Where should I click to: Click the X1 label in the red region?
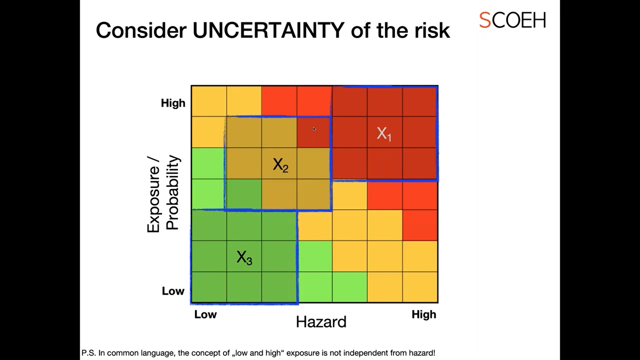384,134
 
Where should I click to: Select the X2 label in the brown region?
280,165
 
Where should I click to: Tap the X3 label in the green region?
244,257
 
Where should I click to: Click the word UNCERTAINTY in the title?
268,30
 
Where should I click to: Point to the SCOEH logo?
512,20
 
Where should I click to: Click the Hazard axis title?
321,322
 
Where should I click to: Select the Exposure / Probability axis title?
163,194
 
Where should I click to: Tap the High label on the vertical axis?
173,103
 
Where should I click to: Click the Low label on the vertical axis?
173,291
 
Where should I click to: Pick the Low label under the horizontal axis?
205,315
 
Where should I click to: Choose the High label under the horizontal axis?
424,315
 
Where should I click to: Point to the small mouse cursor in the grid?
314,129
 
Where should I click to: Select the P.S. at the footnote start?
89,353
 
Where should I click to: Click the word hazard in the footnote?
422,353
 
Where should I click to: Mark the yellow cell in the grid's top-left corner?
209,101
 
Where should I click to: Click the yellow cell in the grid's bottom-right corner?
420,287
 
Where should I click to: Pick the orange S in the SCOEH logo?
484,20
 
